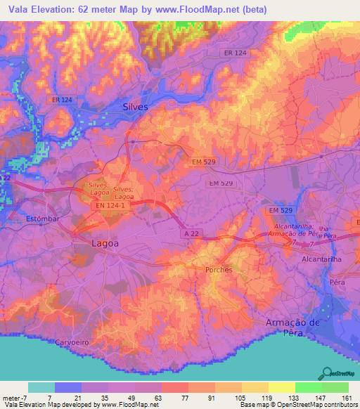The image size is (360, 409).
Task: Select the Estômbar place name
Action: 44,219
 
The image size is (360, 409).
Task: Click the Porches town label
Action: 219,269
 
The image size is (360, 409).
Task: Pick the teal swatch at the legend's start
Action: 41,387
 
